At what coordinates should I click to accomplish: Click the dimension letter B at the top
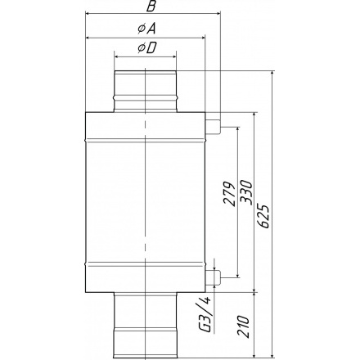click(151, 6)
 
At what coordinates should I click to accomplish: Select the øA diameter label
click(146, 29)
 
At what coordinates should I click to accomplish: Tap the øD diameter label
click(147, 48)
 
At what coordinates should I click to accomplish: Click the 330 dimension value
click(247, 192)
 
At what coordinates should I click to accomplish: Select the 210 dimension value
click(243, 326)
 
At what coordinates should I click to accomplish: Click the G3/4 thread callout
click(207, 314)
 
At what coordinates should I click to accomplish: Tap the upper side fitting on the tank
click(213, 127)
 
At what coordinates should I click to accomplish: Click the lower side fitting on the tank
click(213, 277)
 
